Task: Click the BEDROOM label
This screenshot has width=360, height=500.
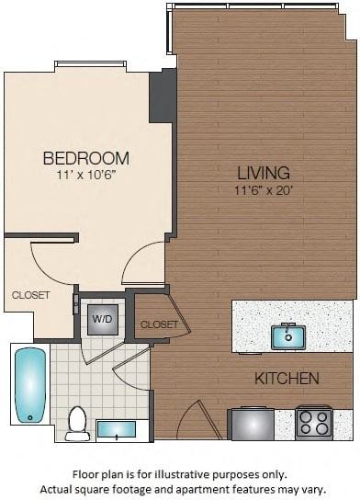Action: coord(85,158)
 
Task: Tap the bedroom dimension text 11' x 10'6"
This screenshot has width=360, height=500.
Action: coord(85,175)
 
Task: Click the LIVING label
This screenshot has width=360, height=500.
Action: coord(263,173)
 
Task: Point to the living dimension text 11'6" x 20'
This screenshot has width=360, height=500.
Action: coord(263,190)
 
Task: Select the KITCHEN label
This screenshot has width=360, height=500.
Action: coord(287,378)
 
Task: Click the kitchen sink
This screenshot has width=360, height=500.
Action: coord(287,337)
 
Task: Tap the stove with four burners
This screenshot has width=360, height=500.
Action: coord(314,423)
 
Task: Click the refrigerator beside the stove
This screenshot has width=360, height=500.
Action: coord(252,424)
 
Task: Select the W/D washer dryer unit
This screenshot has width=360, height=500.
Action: coord(101,319)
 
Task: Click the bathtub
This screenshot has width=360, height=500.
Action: coord(29,383)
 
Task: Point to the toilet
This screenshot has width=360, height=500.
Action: coord(77,423)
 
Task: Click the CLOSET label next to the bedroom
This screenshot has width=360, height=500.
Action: coord(30,295)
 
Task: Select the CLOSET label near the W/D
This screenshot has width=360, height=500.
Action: coord(159,324)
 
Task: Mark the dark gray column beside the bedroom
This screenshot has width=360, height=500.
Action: coord(163,96)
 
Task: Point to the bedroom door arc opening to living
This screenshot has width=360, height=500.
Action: coord(145,267)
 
